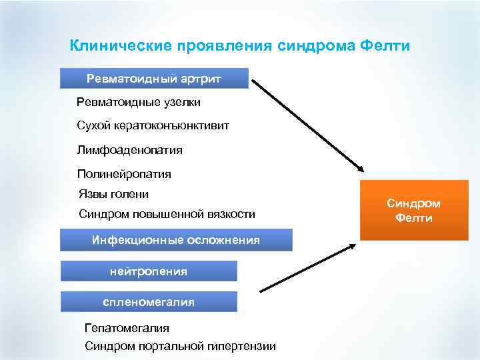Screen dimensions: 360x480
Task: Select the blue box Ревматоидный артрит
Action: [154, 79]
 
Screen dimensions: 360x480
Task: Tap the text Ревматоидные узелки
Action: [139, 103]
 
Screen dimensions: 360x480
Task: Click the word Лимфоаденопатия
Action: [130, 151]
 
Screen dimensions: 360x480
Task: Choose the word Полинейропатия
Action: [124, 175]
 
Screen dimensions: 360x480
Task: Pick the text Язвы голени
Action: [113, 195]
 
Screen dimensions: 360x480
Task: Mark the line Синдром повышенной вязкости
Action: [167, 215]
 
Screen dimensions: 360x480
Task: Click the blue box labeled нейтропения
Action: [149, 271]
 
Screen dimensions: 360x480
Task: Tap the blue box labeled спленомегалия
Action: [149, 302]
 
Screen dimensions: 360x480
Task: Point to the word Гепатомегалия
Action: [127, 328]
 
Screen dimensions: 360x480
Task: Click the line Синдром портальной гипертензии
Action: [180, 346]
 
